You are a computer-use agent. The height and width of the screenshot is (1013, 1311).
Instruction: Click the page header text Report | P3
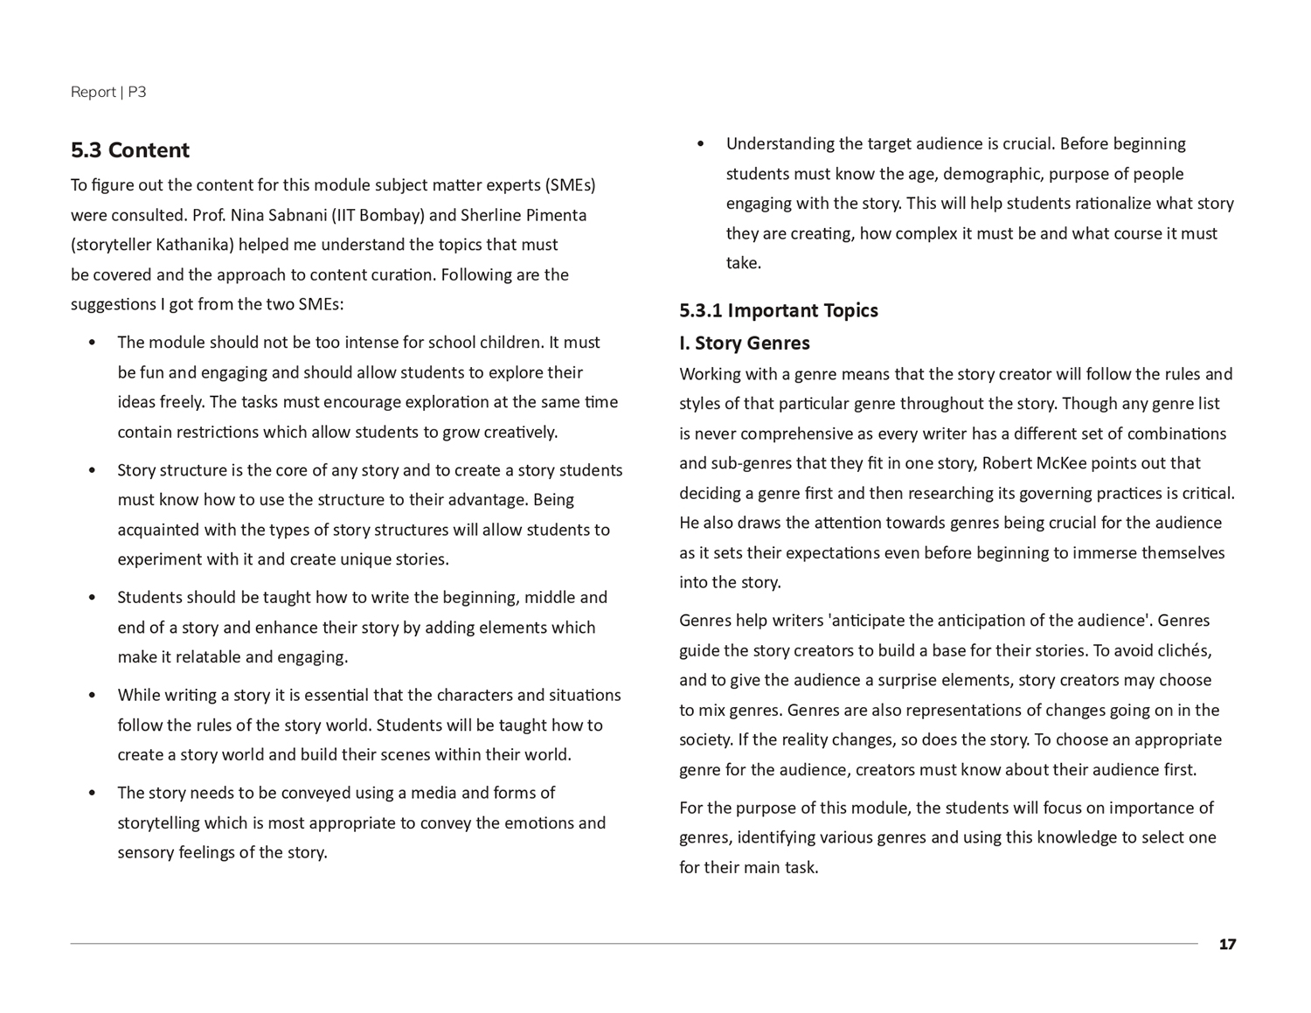pos(108,92)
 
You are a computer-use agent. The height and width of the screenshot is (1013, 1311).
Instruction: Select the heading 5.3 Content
pos(130,150)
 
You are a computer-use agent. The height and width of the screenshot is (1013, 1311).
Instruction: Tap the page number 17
pos(1227,944)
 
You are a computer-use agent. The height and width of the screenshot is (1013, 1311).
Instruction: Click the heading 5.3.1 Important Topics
pos(779,310)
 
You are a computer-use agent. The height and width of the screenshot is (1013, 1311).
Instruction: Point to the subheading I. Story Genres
pos(745,343)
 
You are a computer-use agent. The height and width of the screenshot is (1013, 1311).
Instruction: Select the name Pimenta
pos(555,215)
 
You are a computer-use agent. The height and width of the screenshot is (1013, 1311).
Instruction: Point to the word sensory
pos(146,852)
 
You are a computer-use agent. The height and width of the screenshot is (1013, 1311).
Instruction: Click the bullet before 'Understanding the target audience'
pos(700,144)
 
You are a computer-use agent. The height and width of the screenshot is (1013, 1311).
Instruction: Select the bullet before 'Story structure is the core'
pos(92,470)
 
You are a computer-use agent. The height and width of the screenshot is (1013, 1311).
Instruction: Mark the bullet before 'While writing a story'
pos(92,696)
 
